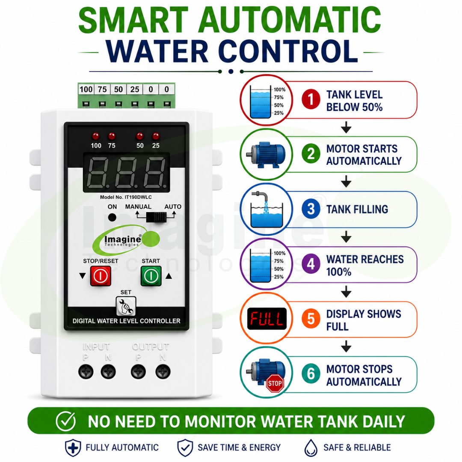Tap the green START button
(151, 276)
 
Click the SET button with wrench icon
(126, 306)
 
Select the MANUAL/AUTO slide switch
(157, 217)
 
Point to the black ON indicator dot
(112, 217)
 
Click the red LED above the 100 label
(96, 136)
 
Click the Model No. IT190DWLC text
(126, 197)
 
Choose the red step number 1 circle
(311, 99)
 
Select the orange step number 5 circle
(311, 319)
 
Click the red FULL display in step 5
(267, 319)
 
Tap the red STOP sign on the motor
(275, 383)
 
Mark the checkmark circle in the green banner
(65, 421)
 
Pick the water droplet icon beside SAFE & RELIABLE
(311, 448)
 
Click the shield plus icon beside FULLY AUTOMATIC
(73, 448)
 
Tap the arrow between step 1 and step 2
(346, 127)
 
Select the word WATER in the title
(157, 51)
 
